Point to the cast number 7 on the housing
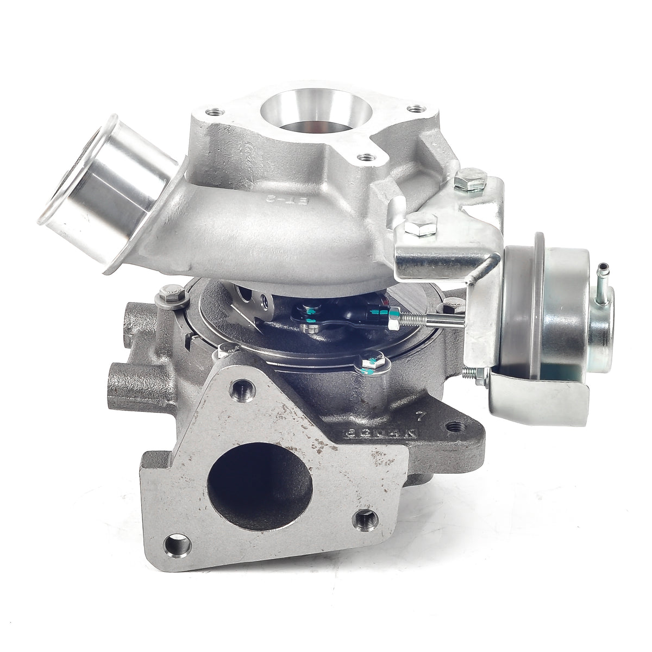[x=419, y=418]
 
